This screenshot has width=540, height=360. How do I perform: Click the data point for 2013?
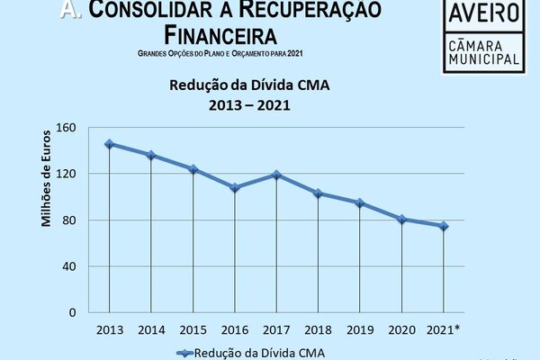tap(109, 144)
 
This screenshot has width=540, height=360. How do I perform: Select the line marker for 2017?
tap(276, 175)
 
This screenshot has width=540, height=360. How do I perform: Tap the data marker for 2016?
tap(235, 187)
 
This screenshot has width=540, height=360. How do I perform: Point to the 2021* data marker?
tap(444, 226)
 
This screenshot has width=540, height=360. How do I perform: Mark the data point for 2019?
tap(360, 203)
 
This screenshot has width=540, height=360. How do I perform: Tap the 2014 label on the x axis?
tap(150, 329)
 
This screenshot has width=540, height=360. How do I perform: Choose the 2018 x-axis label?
tap(318, 329)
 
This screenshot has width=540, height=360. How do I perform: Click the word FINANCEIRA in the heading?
tap(221, 35)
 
